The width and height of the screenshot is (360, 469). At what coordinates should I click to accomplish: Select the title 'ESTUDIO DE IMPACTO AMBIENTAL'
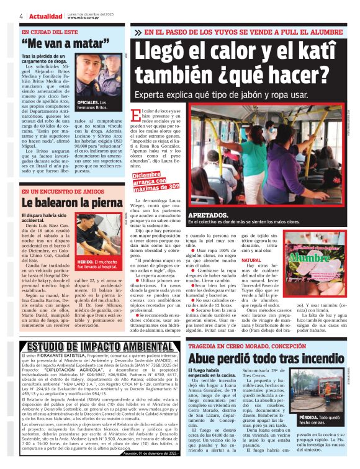(x=91, y=346)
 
